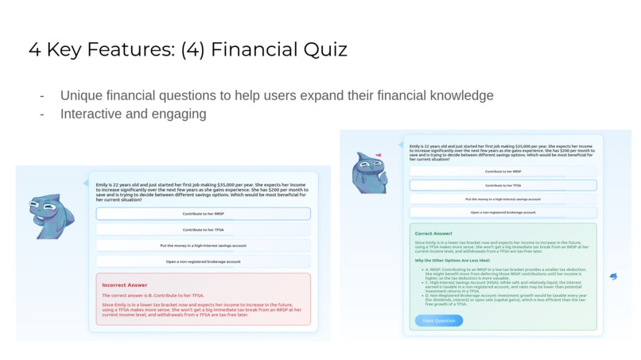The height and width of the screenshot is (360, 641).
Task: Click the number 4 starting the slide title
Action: tap(35, 49)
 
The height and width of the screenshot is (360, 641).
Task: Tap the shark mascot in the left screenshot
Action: tap(50, 215)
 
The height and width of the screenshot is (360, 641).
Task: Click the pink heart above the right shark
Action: tap(379, 155)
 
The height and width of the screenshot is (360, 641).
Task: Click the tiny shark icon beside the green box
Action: tap(612, 277)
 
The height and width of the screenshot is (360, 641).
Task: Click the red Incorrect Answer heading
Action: tap(125, 285)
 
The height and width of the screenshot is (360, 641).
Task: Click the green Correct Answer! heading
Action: tap(433, 234)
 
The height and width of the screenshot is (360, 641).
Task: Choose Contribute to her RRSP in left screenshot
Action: tap(203, 214)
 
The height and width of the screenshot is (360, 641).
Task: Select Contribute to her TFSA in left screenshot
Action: tap(203, 230)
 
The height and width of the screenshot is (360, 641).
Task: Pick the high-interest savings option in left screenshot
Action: tap(203, 246)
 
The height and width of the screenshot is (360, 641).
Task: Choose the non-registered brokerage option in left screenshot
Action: tap(203, 261)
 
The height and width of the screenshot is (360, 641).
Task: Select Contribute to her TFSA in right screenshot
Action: tap(503, 185)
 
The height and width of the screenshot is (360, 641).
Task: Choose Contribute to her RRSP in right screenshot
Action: tap(503, 172)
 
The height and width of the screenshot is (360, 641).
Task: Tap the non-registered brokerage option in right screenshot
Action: tap(503, 212)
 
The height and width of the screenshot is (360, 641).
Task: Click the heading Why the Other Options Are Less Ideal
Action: tap(452, 260)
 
